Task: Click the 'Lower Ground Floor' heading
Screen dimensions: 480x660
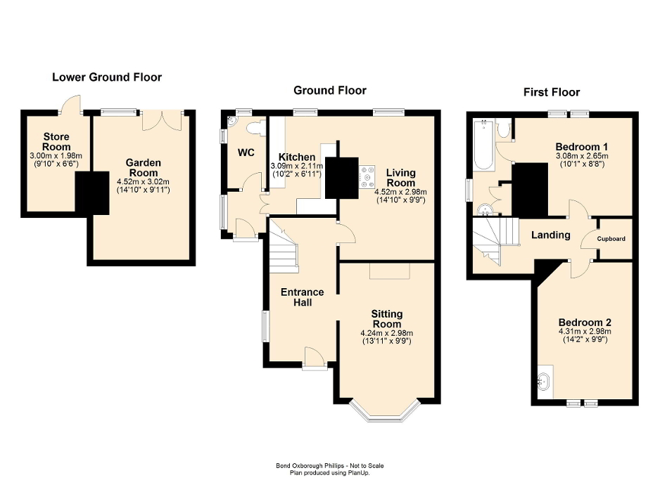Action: click(107, 77)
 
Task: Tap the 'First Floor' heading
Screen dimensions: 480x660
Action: click(552, 92)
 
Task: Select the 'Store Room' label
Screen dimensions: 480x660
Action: click(56, 141)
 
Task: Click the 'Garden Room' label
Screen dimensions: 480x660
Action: click(144, 167)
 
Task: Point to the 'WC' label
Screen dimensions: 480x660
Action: click(246, 153)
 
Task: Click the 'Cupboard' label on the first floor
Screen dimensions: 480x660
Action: click(611, 239)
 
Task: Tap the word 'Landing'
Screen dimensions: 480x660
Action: click(550, 235)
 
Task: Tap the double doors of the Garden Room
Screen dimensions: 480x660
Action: click(162, 119)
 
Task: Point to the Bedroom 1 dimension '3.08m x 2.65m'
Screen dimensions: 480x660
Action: click(580, 157)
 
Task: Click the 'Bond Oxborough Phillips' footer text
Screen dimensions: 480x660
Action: click(329, 465)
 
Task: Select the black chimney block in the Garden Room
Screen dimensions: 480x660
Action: click(92, 192)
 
